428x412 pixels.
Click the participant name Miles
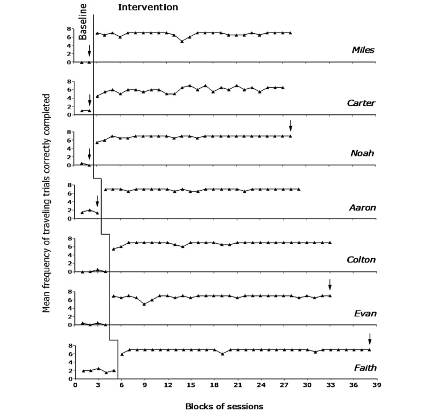coord(363,50)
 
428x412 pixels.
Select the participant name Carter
coord(361,103)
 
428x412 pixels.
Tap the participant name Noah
coord(363,153)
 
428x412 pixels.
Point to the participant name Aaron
coord(362,207)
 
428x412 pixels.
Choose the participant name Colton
coord(360,260)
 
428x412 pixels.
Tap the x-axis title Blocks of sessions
coord(224,406)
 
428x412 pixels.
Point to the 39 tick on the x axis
coord(377,384)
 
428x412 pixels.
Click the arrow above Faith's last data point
coord(369,339)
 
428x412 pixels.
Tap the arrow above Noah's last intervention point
coord(291,125)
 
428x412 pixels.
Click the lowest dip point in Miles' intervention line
coord(182,41)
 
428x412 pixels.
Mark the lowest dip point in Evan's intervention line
coord(144,304)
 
